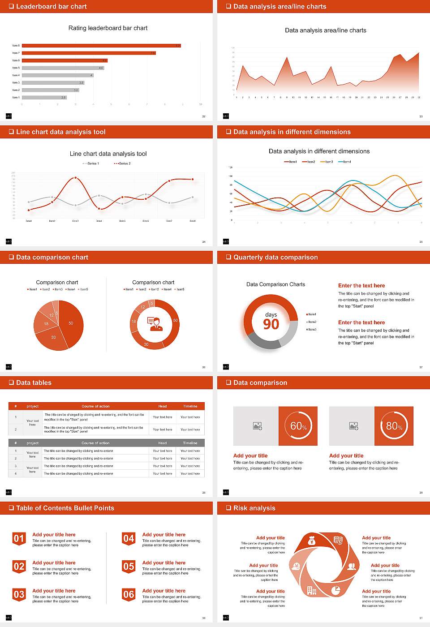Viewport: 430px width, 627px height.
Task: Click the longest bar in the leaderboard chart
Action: tap(101, 46)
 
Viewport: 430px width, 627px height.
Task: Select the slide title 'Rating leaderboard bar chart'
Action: tap(108, 28)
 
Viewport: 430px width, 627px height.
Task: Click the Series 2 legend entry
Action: tap(123, 163)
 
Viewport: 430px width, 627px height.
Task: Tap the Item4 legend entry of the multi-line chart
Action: tap(345, 162)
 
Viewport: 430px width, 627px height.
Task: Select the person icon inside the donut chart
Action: tap(155, 324)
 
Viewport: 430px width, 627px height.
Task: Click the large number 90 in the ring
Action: tap(271, 324)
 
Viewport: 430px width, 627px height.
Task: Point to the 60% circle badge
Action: tap(298, 426)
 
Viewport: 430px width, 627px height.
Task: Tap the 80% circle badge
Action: tap(394, 426)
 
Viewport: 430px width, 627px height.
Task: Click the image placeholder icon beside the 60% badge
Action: tap(257, 426)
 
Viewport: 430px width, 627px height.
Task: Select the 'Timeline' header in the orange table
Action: tap(190, 406)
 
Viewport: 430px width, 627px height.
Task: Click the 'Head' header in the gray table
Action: tap(162, 443)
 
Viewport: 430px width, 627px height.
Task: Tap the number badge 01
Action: tap(19, 538)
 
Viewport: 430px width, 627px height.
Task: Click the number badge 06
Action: tap(129, 594)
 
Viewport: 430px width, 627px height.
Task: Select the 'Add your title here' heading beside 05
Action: tap(163, 563)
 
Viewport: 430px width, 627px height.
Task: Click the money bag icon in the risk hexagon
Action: tap(312, 541)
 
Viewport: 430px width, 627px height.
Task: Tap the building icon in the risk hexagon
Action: tap(311, 590)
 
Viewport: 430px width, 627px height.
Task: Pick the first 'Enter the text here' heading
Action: tap(361, 286)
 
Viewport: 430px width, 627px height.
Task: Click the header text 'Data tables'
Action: tap(34, 383)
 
